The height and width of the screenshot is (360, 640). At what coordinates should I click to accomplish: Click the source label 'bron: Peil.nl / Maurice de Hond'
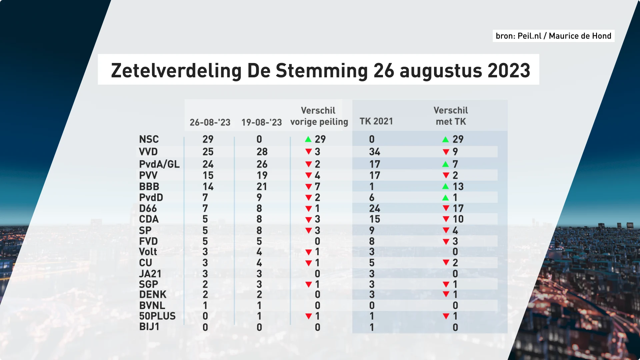click(553, 36)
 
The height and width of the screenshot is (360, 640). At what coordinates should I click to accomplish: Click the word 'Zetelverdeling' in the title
click(176, 71)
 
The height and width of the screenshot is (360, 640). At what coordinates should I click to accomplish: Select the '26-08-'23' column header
click(210, 122)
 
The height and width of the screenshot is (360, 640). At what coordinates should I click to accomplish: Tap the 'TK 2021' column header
click(376, 121)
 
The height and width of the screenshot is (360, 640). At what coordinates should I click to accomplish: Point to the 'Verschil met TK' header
click(451, 116)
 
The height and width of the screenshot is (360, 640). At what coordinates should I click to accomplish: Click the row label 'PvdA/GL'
click(159, 164)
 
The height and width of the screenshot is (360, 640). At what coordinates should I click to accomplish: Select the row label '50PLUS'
click(157, 316)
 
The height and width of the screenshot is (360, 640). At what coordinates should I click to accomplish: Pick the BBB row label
click(149, 187)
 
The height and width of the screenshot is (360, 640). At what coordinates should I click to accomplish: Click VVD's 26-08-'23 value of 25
click(208, 152)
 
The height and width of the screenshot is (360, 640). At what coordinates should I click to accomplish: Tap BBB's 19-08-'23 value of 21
click(262, 187)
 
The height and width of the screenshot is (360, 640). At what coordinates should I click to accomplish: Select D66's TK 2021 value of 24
click(374, 208)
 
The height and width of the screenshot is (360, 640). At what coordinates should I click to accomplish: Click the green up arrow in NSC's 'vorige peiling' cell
click(308, 139)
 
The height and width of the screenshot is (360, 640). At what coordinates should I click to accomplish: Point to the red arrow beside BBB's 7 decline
click(309, 187)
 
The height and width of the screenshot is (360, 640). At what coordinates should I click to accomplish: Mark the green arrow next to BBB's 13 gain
click(445, 186)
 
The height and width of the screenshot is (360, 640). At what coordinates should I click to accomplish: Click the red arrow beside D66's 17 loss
click(446, 208)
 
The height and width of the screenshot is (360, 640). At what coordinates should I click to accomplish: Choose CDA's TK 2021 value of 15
click(374, 219)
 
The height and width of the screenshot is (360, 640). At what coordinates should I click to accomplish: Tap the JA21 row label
click(150, 274)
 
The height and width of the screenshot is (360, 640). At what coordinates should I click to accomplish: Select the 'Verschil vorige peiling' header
click(319, 116)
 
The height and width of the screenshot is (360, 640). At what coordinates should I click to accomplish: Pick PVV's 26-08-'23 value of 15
click(208, 175)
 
